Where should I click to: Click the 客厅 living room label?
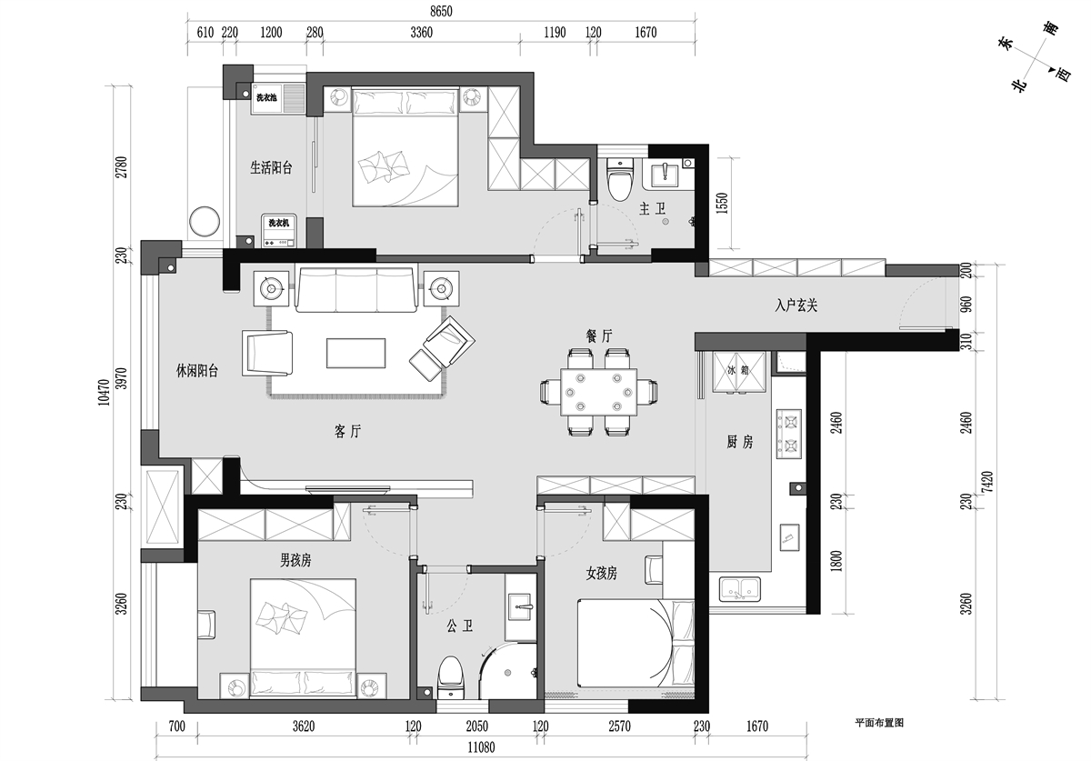tap(347, 431)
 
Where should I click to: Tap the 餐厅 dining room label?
tap(599, 335)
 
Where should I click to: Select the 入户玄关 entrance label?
tap(796, 305)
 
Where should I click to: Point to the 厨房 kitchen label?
tap(739, 442)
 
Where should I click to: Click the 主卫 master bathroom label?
tap(652, 209)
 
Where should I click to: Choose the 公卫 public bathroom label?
tap(460, 626)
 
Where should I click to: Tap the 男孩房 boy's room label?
tap(295, 560)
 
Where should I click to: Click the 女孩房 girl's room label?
tap(601, 574)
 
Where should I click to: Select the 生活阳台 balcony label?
tap(271, 167)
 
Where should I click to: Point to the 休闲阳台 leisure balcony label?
tap(196, 371)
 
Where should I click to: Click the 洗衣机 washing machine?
tap(278, 230)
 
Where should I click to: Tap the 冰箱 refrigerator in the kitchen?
tap(739, 372)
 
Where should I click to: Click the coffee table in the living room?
tap(356, 353)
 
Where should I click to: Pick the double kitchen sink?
tap(740, 589)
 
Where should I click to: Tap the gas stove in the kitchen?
tap(788, 434)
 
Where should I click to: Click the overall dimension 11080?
tap(481, 747)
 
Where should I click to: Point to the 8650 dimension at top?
tap(441, 11)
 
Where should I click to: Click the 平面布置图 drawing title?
tap(879, 723)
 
